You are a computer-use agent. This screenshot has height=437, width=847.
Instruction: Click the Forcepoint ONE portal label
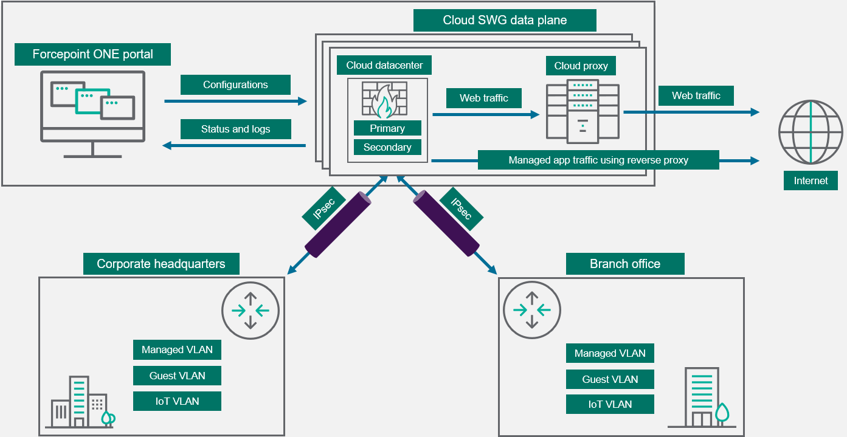tap(92, 54)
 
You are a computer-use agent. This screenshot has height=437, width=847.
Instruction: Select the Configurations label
tap(235, 84)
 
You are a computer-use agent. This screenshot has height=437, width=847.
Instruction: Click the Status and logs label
tap(235, 129)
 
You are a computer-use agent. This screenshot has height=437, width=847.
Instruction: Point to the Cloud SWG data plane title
tap(505, 20)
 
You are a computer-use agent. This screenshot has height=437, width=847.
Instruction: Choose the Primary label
tap(387, 128)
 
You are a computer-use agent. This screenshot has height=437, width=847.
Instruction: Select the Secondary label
tap(387, 147)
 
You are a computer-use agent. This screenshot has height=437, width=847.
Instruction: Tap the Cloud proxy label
tap(581, 66)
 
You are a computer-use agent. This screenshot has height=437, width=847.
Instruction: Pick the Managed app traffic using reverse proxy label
tap(598, 160)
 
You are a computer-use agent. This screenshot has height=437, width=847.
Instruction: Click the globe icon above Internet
tap(811, 132)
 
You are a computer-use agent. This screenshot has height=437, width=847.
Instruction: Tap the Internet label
tap(811, 181)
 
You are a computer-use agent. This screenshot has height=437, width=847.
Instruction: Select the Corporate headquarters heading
tap(161, 264)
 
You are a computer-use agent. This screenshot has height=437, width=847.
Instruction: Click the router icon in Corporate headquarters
tap(250, 311)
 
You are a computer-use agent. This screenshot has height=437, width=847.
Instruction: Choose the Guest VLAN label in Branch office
tap(610, 379)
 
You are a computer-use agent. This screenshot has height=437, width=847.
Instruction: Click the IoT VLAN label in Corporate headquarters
tap(177, 401)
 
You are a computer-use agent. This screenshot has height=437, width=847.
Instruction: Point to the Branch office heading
tap(624, 264)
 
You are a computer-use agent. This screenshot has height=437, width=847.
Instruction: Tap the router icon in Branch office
tap(532, 311)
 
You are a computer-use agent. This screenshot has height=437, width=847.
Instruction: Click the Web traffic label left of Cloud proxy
tap(483, 98)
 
